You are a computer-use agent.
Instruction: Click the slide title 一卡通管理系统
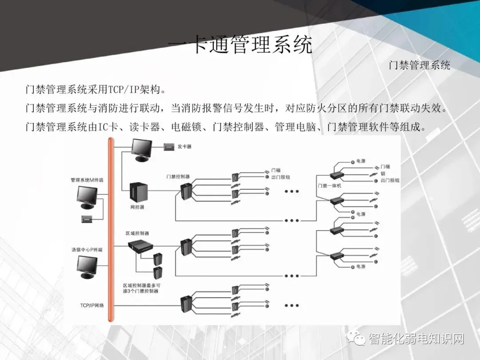coord(240,45)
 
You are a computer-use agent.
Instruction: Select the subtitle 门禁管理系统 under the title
coord(419,65)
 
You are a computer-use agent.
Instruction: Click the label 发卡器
coord(184,146)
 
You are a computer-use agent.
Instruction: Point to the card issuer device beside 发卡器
coord(168,146)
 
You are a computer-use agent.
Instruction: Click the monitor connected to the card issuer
coord(142,149)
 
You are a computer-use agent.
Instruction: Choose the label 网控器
coord(137,207)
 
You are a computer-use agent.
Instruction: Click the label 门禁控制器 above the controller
coord(178,176)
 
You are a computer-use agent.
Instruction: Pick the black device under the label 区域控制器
coord(140,246)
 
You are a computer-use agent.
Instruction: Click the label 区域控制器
coord(137,233)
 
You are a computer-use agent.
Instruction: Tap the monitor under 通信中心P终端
coord(87,266)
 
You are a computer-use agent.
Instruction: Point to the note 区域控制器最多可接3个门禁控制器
coord(141,288)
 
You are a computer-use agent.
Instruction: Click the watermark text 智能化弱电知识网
coord(416,340)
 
